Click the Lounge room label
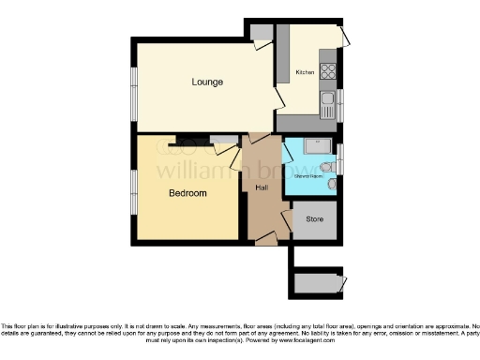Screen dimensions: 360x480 tap(207, 82)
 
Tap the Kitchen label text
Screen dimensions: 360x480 tap(306, 72)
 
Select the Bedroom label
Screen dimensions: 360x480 tap(187, 193)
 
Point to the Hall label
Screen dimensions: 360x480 tap(262, 187)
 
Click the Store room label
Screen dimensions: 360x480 tap(314, 221)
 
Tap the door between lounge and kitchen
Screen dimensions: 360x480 tap(279, 95)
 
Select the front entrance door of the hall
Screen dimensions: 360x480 tap(265, 240)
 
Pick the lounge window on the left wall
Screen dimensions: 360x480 tap(133, 94)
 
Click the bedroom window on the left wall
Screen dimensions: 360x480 tap(133, 192)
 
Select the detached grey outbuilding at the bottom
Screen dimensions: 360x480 tap(317, 281)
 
